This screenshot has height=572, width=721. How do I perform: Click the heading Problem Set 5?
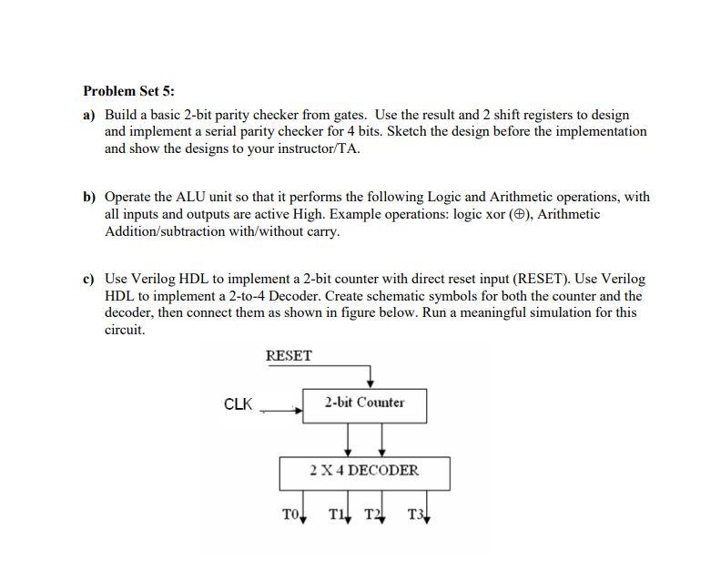coord(128,91)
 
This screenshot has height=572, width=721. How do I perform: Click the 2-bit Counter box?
coord(364,403)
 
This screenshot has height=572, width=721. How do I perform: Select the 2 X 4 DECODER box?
coord(364,471)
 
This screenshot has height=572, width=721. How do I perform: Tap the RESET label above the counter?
coord(289,356)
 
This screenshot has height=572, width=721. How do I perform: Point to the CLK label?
coord(238,404)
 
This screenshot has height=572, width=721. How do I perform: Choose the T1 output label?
coord(338,515)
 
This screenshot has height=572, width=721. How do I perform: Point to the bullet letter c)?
coord(89,279)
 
